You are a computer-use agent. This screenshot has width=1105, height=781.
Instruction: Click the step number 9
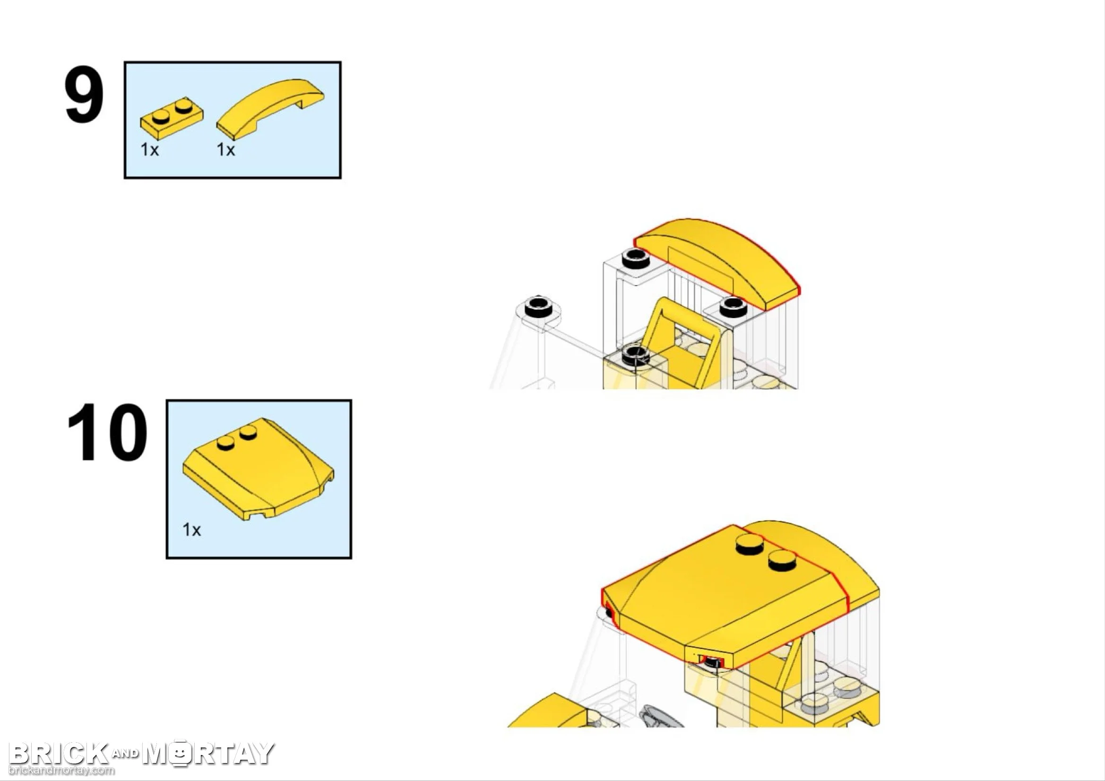[x=84, y=95]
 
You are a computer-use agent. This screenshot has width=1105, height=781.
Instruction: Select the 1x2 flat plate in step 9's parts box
[x=172, y=117]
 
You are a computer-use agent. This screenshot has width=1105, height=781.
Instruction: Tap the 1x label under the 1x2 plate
[x=149, y=150]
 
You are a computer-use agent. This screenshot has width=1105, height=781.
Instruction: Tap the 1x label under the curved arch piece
[x=226, y=150]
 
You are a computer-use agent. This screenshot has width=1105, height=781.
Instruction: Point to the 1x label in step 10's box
[x=191, y=530]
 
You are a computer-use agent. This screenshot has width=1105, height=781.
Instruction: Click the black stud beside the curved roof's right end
[x=732, y=307]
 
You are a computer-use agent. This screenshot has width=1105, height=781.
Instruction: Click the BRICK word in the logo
[x=58, y=754]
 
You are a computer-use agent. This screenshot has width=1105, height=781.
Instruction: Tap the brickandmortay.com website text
[x=61, y=770]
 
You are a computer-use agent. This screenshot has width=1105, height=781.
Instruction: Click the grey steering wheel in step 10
[x=660, y=717]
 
